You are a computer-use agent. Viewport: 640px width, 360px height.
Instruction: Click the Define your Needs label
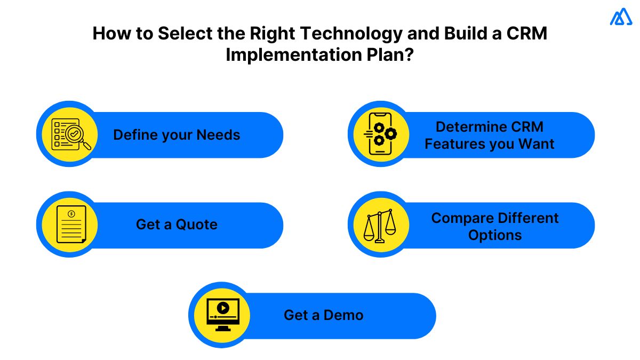(x=177, y=135)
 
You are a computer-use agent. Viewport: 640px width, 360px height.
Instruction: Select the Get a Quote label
(x=177, y=225)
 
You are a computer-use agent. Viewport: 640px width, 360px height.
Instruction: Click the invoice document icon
(x=70, y=225)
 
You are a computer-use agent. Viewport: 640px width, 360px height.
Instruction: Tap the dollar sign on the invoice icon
(x=71, y=214)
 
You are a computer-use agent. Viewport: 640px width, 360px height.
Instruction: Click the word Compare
(x=462, y=218)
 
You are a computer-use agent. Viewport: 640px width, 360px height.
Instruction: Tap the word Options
(x=495, y=235)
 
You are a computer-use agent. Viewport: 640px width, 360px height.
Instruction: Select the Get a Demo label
(x=323, y=315)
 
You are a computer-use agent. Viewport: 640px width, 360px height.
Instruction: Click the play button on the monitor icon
(x=223, y=308)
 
